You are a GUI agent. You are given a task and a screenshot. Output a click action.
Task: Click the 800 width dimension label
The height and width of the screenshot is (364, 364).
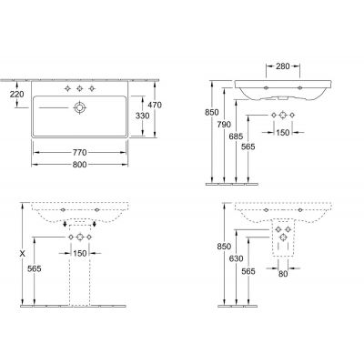[x=79, y=165]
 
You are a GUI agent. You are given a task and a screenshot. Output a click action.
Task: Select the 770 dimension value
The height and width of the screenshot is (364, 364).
[x=79, y=152]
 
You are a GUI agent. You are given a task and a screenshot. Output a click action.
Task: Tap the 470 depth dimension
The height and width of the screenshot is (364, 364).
[x=155, y=105]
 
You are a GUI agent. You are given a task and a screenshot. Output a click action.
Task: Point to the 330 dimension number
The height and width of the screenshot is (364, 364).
[x=142, y=116]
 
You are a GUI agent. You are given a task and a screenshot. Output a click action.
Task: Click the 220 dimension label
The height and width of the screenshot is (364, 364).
[x=16, y=95]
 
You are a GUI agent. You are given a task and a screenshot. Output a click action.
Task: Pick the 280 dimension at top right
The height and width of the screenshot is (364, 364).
[x=283, y=66]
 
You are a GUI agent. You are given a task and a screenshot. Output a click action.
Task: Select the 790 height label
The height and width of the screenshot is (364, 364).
[x=224, y=125]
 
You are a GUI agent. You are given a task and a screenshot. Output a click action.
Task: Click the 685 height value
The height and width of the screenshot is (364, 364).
[x=236, y=136]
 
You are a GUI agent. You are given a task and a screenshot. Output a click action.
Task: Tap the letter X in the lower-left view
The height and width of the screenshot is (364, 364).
[x=22, y=254]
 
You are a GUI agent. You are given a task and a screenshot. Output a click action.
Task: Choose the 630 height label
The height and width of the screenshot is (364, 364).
[x=236, y=258]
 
